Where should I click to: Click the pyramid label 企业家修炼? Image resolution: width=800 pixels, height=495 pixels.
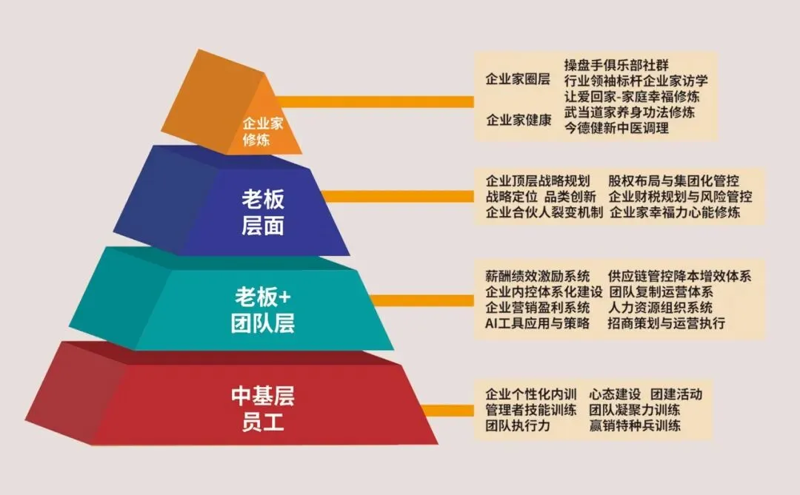(263, 132)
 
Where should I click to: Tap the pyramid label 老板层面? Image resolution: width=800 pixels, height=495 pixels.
(262, 212)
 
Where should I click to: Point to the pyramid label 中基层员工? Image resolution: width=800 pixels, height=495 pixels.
(262, 409)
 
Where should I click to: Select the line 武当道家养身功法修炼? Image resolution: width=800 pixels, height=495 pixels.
(629, 112)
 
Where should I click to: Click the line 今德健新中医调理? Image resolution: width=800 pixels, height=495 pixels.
(616, 128)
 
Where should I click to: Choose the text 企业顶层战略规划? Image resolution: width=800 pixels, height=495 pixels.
(537, 181)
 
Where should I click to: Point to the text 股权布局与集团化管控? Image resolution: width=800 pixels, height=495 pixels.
(673, 181)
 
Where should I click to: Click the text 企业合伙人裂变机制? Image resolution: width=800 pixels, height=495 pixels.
(544, 213)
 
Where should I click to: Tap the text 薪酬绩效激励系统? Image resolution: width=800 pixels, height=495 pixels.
(537, 276)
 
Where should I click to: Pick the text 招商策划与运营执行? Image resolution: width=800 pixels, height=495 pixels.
(666, 323)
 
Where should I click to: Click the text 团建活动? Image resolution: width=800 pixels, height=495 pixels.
(676, 394)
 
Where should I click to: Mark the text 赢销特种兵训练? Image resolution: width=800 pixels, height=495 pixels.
(635, 425)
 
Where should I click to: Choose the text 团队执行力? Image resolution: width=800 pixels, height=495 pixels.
(518, 425)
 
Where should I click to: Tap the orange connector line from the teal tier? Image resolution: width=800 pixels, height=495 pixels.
(422, 300)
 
